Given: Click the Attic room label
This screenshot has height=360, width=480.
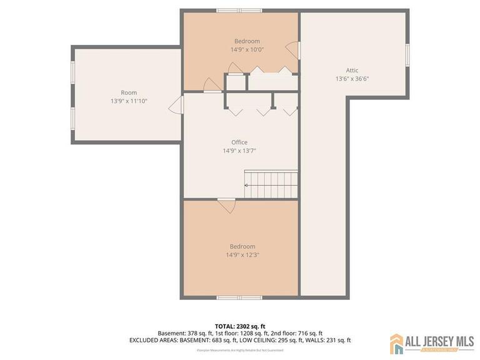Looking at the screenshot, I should (352, 71).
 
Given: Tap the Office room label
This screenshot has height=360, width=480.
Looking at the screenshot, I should (239, 142).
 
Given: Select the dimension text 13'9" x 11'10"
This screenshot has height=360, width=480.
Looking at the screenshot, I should (129, 101).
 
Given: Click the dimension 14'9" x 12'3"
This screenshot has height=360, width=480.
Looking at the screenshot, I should (242, 255).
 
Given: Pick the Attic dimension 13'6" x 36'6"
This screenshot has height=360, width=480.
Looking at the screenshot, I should (352, 79).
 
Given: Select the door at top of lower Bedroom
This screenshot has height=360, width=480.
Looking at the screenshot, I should (226, 204).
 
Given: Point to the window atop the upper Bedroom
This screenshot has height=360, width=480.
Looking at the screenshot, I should (239, 11).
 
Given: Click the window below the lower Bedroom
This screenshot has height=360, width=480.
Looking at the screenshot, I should (239, 297).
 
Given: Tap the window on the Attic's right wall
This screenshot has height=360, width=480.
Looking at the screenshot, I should (407, 54).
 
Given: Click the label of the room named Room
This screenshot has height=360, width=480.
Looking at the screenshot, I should (129, 93).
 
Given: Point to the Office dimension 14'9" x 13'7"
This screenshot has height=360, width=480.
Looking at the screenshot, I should (239, 151).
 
